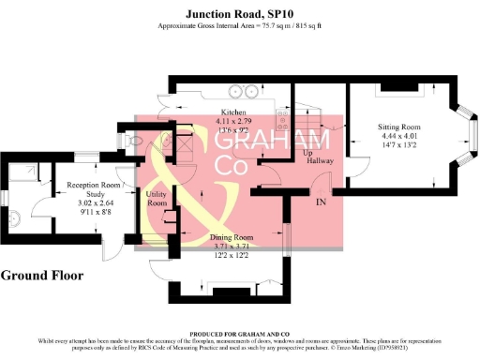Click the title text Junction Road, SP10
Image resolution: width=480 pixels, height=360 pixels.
point(240,14)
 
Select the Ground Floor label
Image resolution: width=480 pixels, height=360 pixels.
point(42,276)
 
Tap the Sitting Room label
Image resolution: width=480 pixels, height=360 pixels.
point(399,126)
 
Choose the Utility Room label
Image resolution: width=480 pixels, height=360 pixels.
point(157,198)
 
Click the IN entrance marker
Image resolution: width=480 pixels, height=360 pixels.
point(321,202)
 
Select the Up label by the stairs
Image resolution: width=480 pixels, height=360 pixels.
point(307,151)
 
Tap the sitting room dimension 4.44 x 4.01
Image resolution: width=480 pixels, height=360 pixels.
point(399,136)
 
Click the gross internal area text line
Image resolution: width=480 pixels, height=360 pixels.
point(240,27)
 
